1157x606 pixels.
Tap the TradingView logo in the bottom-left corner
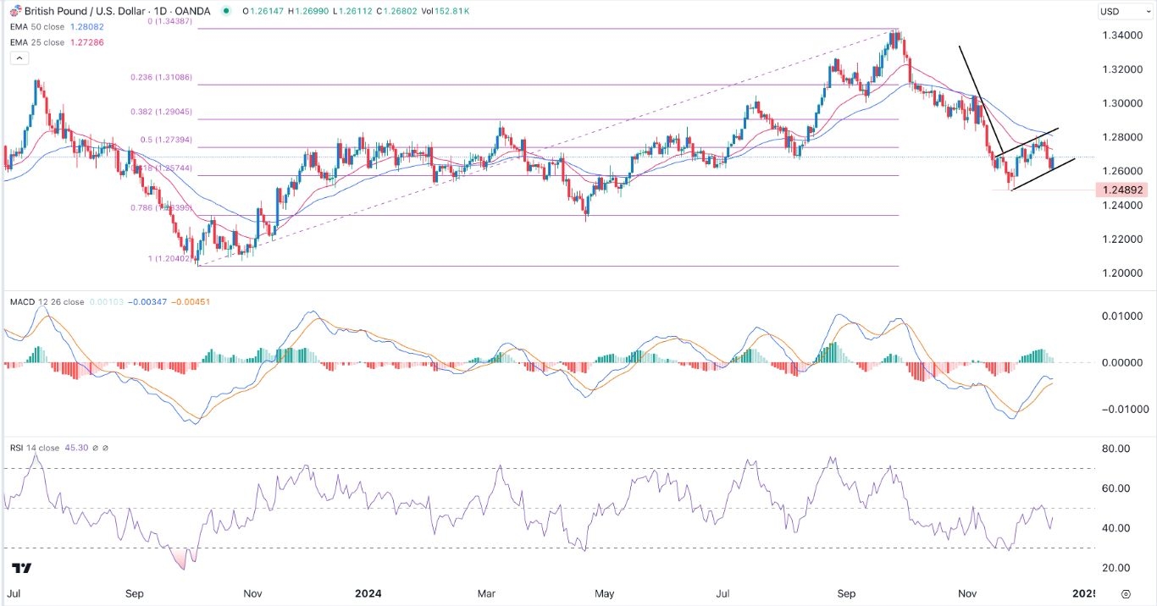tap(22, 568)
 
